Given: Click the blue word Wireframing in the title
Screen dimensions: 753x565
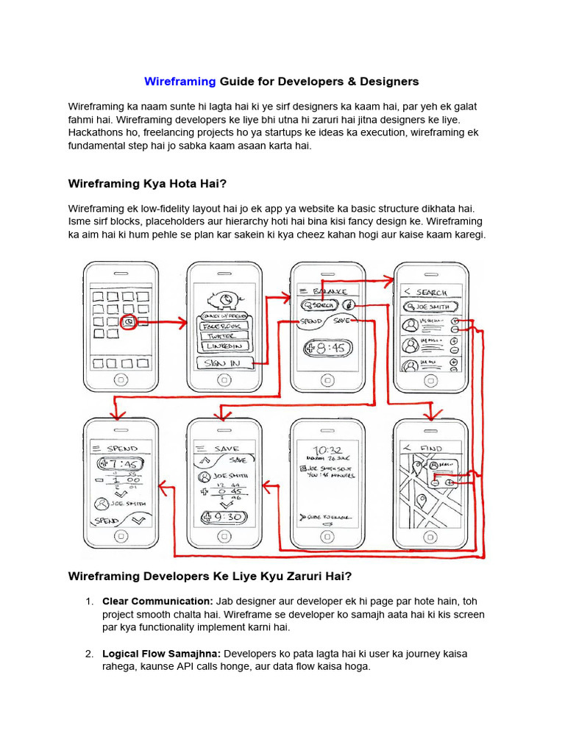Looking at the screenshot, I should coord(180,82).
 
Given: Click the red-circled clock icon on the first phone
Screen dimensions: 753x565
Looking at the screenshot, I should coord(129,322).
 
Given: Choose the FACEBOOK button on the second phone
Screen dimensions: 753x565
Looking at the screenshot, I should coord(224,324).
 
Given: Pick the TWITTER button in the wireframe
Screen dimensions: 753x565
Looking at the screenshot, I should coord(224,335).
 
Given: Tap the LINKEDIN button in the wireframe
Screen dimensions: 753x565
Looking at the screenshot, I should coord(224,346).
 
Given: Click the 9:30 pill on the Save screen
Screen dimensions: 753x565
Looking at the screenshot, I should coord(224,517).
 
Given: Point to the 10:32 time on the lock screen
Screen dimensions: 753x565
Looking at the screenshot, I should coord(325,450).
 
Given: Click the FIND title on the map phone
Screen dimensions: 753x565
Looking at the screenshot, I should coord(431,448).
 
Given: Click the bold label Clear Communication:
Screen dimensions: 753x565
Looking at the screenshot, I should coord(158,601).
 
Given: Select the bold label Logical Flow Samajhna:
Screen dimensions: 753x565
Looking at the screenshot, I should coord(162,654).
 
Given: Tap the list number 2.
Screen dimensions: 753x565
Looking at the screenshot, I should coord(89,654).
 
